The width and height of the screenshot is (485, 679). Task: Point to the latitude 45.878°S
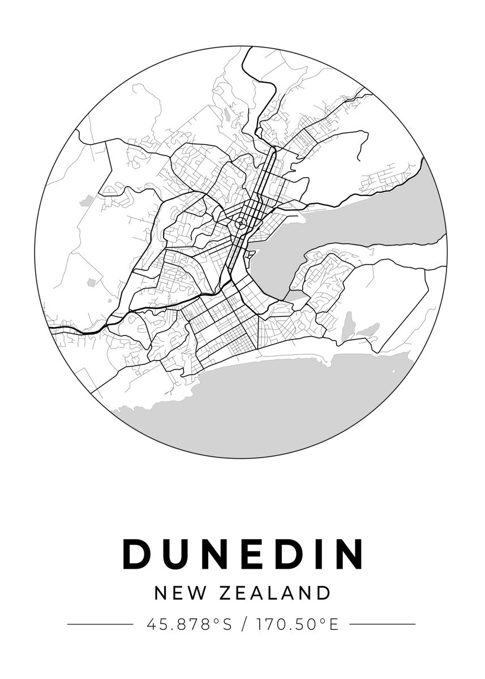click(x=190, y=625)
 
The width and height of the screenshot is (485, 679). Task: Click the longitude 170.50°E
click(x=297, y=625)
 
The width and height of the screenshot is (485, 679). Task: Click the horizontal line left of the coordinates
click(x=100, y=625)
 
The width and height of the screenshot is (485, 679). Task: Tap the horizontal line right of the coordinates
click(x=383, y=625)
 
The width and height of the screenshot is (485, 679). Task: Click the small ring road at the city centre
click(x=241, y=224)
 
